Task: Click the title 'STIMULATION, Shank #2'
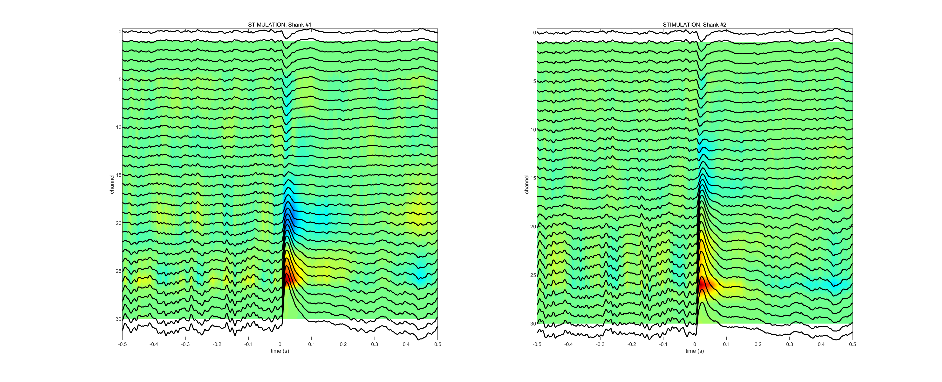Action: (694, 25)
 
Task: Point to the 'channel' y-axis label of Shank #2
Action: (526, 184)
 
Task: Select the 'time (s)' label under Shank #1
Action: (280, 351)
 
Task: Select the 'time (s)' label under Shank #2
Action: (694, 351)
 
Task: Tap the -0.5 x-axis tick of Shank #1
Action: (123, 344)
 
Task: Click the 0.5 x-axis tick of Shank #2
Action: (853, 344)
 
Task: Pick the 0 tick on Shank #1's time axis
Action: (280, 344)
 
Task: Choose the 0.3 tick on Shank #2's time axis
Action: (790, 344)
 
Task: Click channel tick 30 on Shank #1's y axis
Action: (118, 319)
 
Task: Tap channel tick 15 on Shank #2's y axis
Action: (533, 178)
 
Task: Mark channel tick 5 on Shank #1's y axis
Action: (120, 79)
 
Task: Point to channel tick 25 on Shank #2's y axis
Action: (533, 275)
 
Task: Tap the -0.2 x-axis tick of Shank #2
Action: (632, 344)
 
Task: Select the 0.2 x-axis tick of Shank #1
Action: (343, 344)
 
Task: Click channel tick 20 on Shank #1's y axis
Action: (118, 223)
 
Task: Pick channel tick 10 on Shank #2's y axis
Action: (533, 130)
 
